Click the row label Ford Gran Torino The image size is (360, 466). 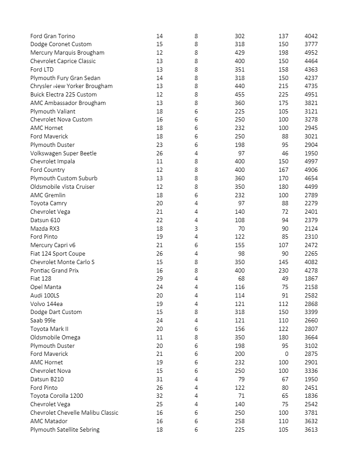53,36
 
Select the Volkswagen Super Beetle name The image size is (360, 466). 64,153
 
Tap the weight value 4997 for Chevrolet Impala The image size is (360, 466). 311,161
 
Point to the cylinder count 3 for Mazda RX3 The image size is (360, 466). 196,228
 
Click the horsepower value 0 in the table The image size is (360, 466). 286,354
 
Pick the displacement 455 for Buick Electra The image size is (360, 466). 240,95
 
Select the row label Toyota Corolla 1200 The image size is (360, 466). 57,396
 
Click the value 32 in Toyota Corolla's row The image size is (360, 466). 160,396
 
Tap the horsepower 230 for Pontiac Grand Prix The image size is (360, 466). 283,270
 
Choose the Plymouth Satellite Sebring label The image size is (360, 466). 65,429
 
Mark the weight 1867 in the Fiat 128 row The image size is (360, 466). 311,279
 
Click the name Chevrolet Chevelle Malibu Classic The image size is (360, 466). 74,413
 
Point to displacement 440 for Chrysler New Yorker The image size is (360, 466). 240,86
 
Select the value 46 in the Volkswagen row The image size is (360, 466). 285,153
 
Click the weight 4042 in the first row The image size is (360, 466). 311,36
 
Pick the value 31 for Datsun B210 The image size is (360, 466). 160,379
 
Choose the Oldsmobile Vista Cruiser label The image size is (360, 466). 63,186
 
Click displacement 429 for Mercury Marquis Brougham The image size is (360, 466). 240,53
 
